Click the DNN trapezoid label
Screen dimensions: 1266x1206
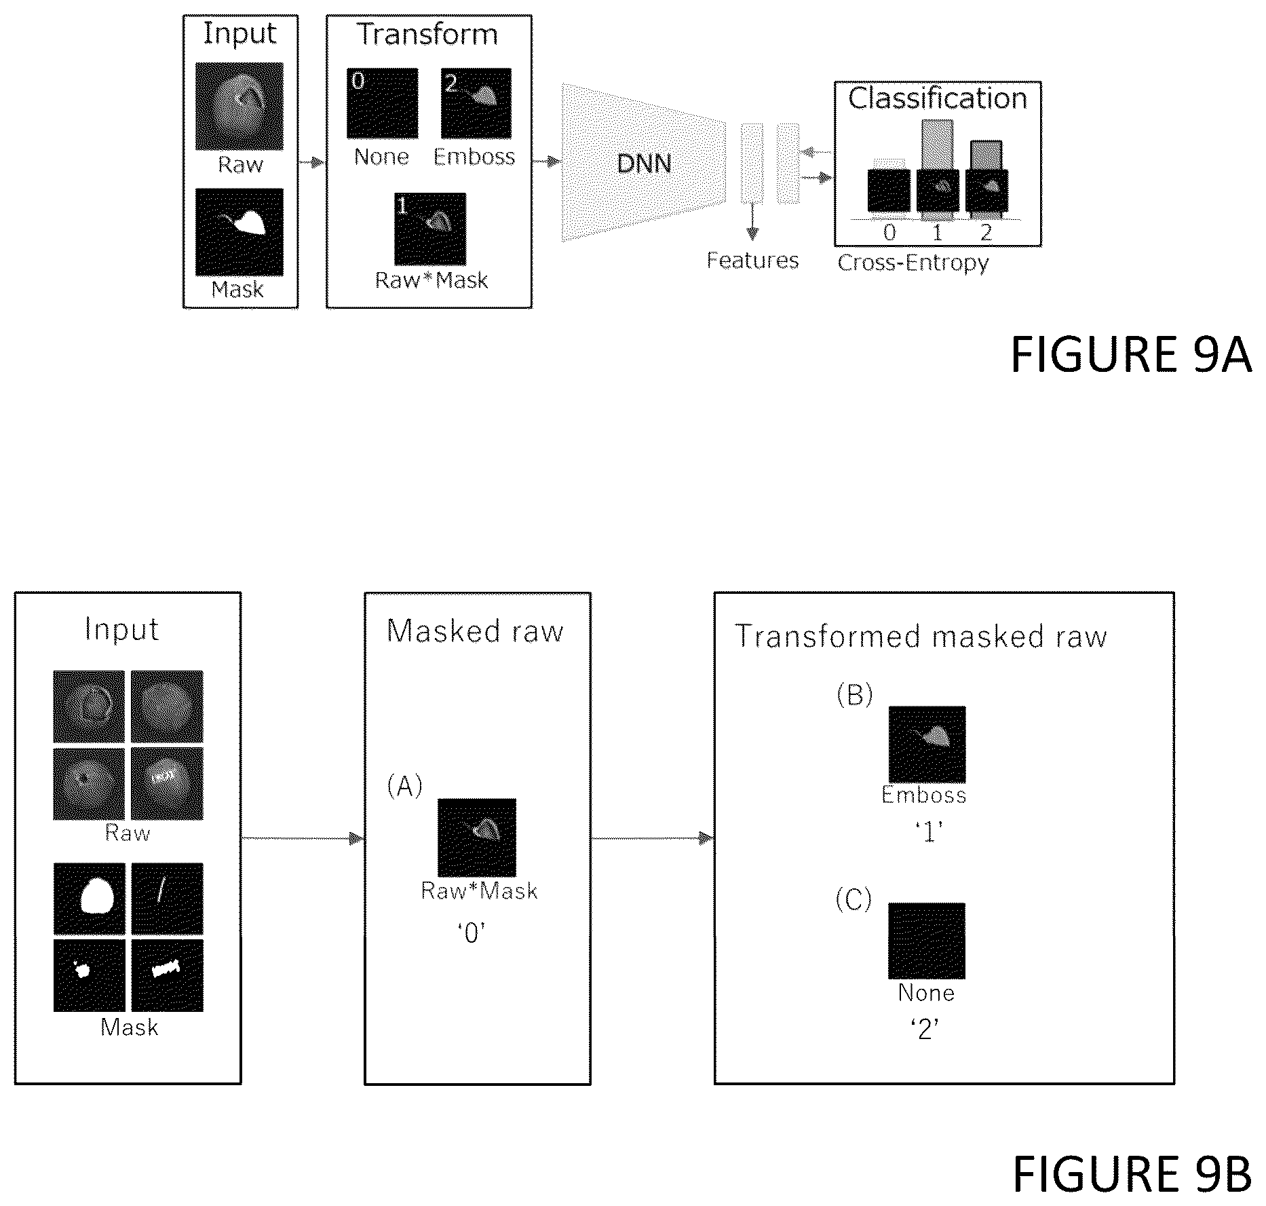pos(644,164)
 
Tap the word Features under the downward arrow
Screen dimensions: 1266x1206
pos(752,261)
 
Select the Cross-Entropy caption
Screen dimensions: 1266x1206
pos(913,263)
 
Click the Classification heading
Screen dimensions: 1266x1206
pos(938,98)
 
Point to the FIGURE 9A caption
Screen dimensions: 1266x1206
pos(1131,354)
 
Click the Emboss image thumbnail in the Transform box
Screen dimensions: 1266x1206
pos(476,102)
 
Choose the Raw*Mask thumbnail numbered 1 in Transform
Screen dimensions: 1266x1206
pos(430,229)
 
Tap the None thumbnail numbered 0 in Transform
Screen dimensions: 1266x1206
pos(382,102)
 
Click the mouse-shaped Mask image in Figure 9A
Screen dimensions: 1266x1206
pos(239,232)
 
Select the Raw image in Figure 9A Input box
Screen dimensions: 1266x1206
pos(239,107)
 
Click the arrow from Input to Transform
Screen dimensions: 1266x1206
pos(312,162)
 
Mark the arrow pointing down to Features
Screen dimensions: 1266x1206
pos(752,221)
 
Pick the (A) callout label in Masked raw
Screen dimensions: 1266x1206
pos(404,786)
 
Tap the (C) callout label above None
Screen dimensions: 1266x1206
pos(853,899)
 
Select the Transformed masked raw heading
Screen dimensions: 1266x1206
pos(921,637)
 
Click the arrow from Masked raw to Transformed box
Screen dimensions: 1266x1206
pos(653,838)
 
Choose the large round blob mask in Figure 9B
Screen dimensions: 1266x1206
pos(90,899)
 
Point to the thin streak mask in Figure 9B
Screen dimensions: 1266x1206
pos(167,899)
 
